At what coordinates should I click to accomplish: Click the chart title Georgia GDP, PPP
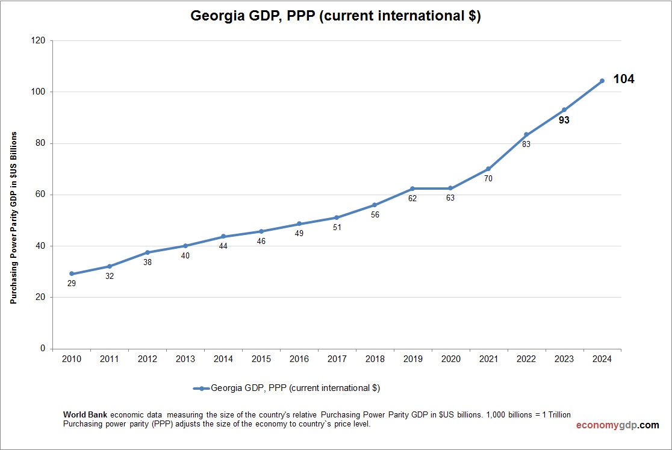coord(335,16)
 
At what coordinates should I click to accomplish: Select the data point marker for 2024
coord(602,81)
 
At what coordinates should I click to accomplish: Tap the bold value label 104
coord(623,79)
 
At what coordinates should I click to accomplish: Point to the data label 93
coord(564,120)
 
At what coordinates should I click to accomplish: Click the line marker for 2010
coord(72,273)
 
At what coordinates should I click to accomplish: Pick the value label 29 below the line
coord(72,283)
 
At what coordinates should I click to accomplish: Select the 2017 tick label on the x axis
coord(337,359)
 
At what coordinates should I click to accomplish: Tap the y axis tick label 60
coord(40,195)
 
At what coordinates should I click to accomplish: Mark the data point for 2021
coord(488,169)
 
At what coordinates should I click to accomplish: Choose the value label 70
coord(488,178)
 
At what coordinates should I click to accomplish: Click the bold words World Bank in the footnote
coord(85,414)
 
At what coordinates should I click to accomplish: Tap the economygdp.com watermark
coord(617,425)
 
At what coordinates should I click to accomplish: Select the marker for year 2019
coord(412,189)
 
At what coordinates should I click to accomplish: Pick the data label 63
coord(450,198)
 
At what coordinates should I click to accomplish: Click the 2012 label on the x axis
coord(148,359)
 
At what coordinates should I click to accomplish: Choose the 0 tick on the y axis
coord(42,349)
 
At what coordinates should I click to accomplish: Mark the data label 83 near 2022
coord(526,144)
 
